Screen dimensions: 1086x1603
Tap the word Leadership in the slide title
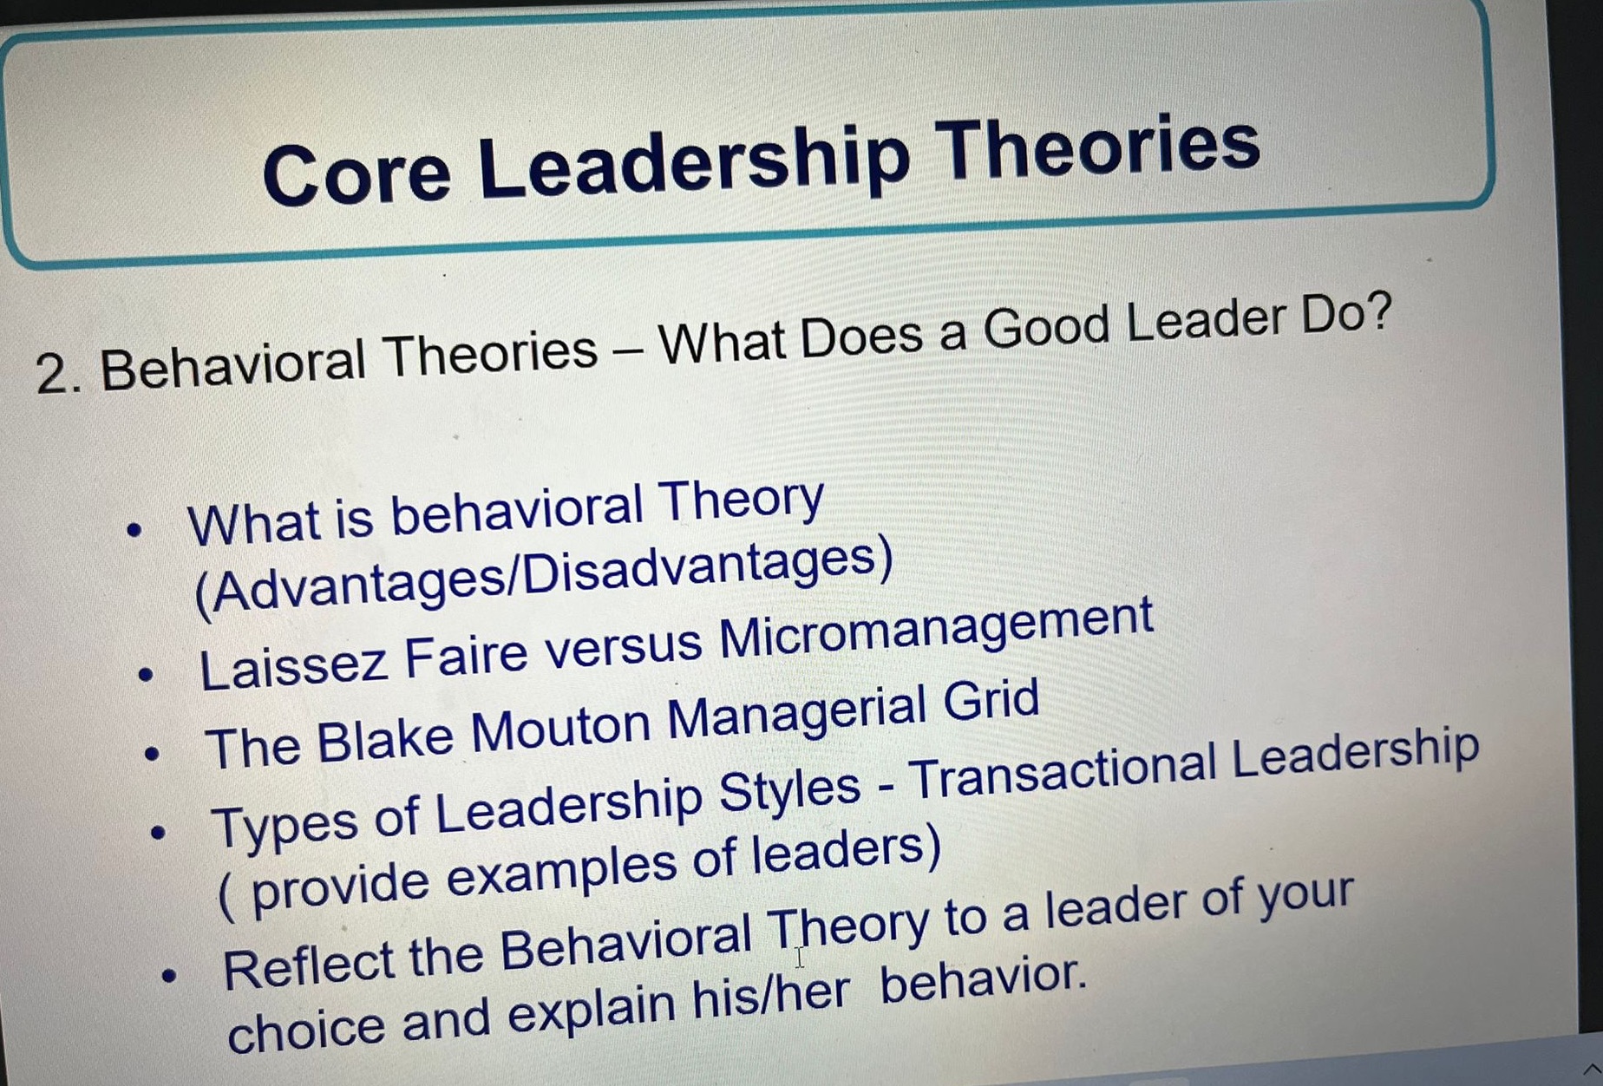(x=694, y=161)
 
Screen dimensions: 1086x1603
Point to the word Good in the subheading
(x=1046, y=329)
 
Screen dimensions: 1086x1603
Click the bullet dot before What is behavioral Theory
(x=134, y=529)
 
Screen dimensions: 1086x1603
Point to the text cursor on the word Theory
(x=800, y=957)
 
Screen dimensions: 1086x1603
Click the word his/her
(x=770, y=998)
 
